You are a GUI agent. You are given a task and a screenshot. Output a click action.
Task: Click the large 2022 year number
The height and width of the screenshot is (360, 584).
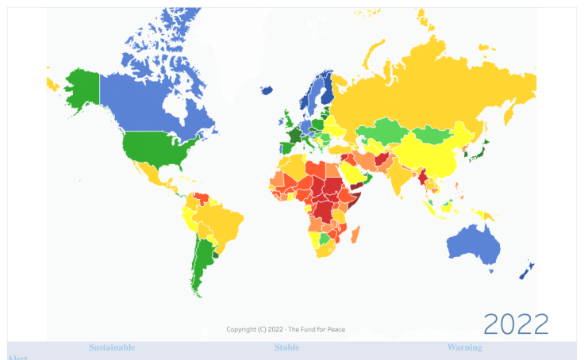click(516, 324)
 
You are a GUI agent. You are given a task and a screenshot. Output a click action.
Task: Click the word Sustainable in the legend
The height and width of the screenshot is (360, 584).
click(112, 347)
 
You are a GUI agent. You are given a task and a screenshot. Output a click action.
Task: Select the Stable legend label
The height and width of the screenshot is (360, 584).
click(287, 347)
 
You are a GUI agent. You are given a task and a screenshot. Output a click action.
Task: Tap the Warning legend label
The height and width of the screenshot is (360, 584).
click(464, 347)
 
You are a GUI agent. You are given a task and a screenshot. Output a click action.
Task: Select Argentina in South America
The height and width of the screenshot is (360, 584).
click(205, 262)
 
